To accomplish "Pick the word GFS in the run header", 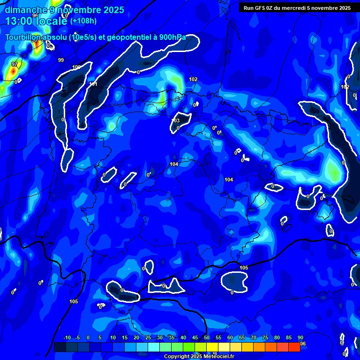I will tap(260, 8).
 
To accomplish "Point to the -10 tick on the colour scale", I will tap(67, 338).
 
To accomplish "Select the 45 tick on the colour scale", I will tap(195, 338).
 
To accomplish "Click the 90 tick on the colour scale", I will tap(300, 338).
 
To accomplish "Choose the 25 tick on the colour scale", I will tap(148, 338).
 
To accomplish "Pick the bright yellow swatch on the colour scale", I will tap(212, 347).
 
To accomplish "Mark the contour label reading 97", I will tap(15, 64).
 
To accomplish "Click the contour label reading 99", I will tap(61, 60).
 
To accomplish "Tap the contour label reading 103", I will tap(176, 120).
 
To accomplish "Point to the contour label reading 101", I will tap(93, 84).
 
